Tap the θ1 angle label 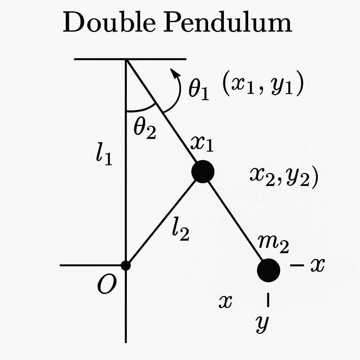tap(199, 90)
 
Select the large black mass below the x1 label tap(203, 172)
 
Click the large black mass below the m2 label tap(269, 270)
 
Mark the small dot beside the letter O tap(126, 265)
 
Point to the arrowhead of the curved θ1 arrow tap(173, 72)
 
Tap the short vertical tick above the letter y tap(269, 300)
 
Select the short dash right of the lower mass tap(297, 266)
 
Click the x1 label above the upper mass tap(202, 144)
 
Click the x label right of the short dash tap(317, 266)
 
